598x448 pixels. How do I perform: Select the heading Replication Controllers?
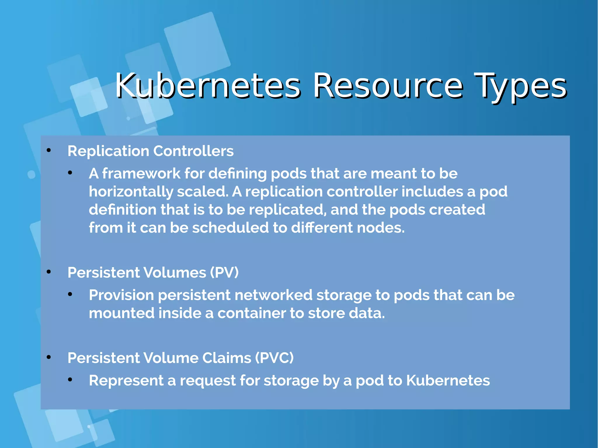click(x=150, y=151)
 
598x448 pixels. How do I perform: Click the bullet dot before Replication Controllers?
click(x=49, y=151)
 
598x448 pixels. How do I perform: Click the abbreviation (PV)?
click(x=224, y=273)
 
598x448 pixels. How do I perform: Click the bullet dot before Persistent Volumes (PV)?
click(x=49, y=272)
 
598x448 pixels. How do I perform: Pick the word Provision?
click(x=121, y=295)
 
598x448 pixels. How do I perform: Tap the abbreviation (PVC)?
click(x=274, y=358)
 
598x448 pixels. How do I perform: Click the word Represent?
click(x=126, y=381)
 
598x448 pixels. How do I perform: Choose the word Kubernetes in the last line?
click(x=448, y=381)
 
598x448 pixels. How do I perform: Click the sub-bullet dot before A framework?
click(x=70, y=173)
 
